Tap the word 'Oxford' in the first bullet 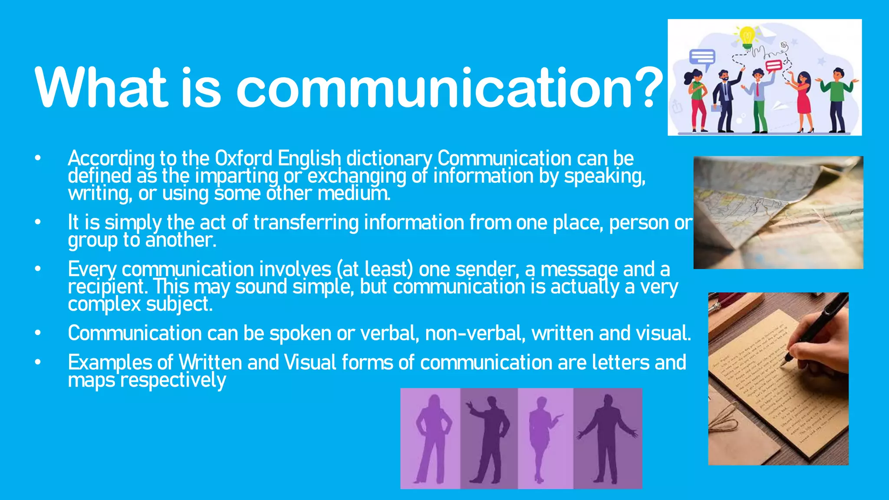click(244, 158)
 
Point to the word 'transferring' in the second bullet click(306, 223)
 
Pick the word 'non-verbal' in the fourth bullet click(475, 333)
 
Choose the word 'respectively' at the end click(173, 381)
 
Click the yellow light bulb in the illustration click(747, 36)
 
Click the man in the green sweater click(837, 100)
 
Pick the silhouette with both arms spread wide click(607, 438)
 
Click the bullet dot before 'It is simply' click(38, 223)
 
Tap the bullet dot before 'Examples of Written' click(38, 362)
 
